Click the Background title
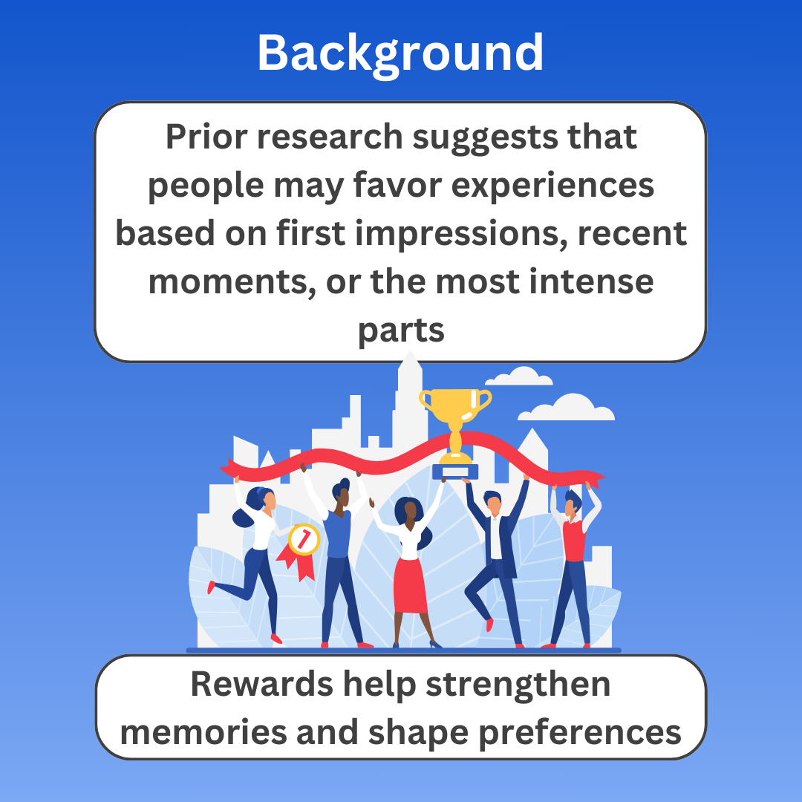[x=400, y=53]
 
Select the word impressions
[x=461, y=234]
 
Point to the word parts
[x=401, y=331]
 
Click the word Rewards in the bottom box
[x=261, y=684]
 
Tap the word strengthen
[x=518, y=685]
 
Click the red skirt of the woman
[x=410, y=586]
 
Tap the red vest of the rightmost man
[x=574, y=540]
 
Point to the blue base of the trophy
[x=455, y=472]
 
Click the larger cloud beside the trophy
[x=566, y=408]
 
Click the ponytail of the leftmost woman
[x=242, y=516]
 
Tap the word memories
[x=203, y=732]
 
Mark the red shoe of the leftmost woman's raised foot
[x=211, y=587]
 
